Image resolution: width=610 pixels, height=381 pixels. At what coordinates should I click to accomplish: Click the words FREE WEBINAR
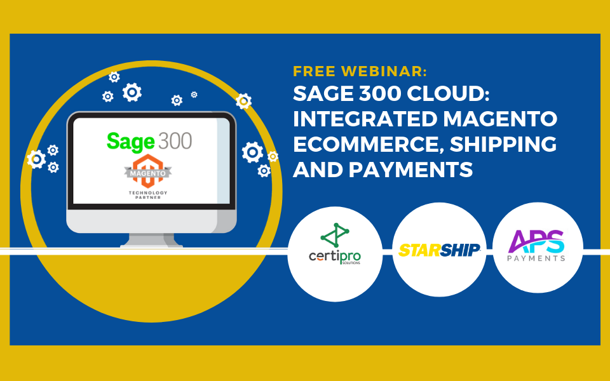360,71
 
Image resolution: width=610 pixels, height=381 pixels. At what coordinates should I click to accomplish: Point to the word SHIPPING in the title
503,145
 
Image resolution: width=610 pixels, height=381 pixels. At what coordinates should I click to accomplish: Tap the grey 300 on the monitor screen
174,141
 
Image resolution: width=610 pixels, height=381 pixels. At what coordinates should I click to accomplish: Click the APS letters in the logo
538,242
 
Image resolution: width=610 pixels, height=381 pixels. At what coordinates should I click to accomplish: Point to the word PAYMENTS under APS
538,258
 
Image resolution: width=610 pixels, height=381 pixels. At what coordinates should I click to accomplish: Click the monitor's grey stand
152,239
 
